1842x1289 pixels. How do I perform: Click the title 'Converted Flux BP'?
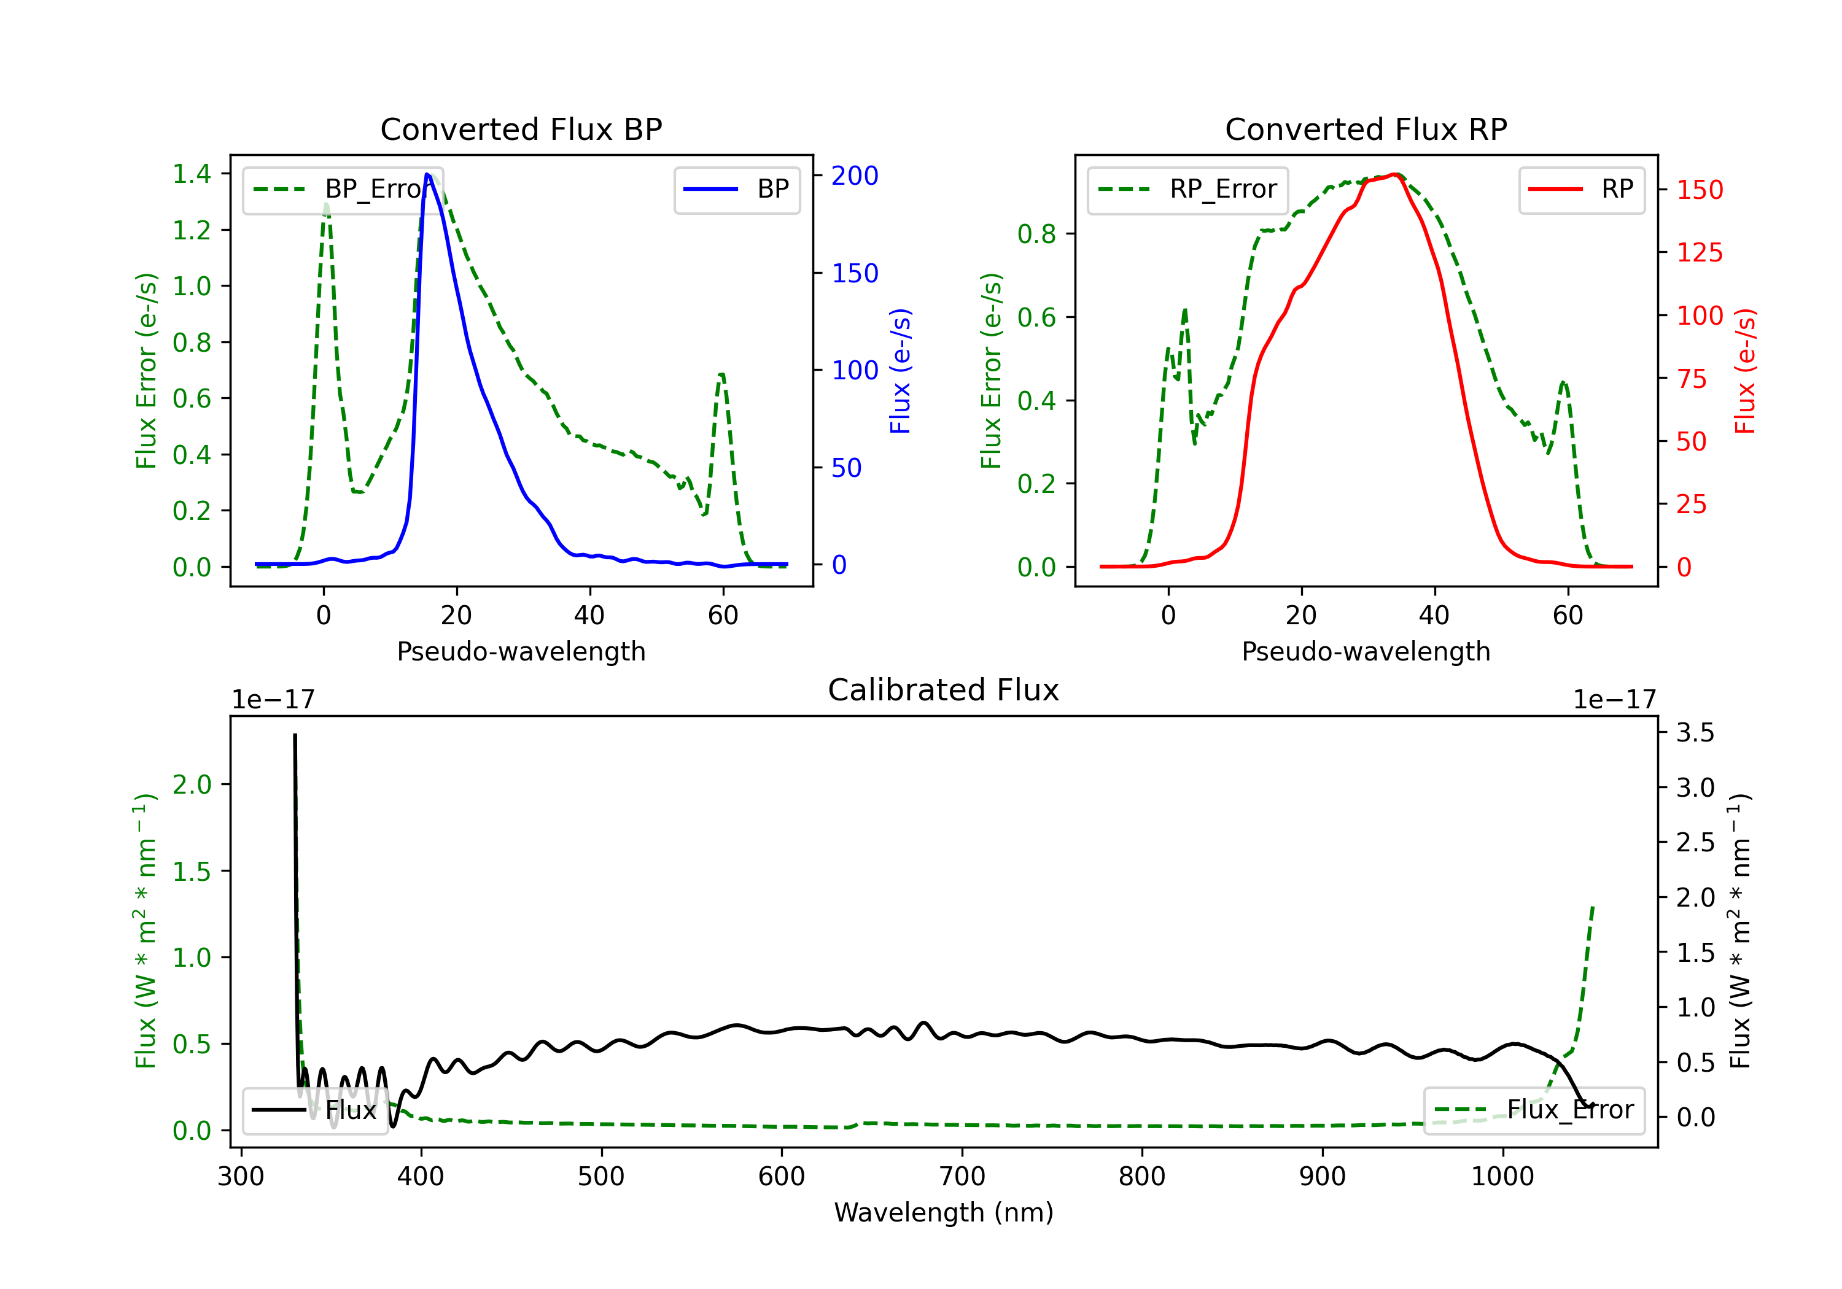[521, 129]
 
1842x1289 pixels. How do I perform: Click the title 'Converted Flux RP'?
[1366, 129]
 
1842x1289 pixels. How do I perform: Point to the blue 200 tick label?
[855, 176]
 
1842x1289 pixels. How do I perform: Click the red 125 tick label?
[1699, 253]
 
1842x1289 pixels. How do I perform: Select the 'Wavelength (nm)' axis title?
[944, 1212]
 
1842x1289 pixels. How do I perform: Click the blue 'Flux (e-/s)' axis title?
[901, 371]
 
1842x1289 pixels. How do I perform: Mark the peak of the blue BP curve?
[427, 174]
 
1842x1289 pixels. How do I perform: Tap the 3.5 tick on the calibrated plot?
[1695, 732]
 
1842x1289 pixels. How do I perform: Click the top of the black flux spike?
[295, 735]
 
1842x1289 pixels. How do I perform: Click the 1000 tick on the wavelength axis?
[1502, 1177]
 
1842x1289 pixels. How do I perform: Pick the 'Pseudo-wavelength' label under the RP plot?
[1366, 651]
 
